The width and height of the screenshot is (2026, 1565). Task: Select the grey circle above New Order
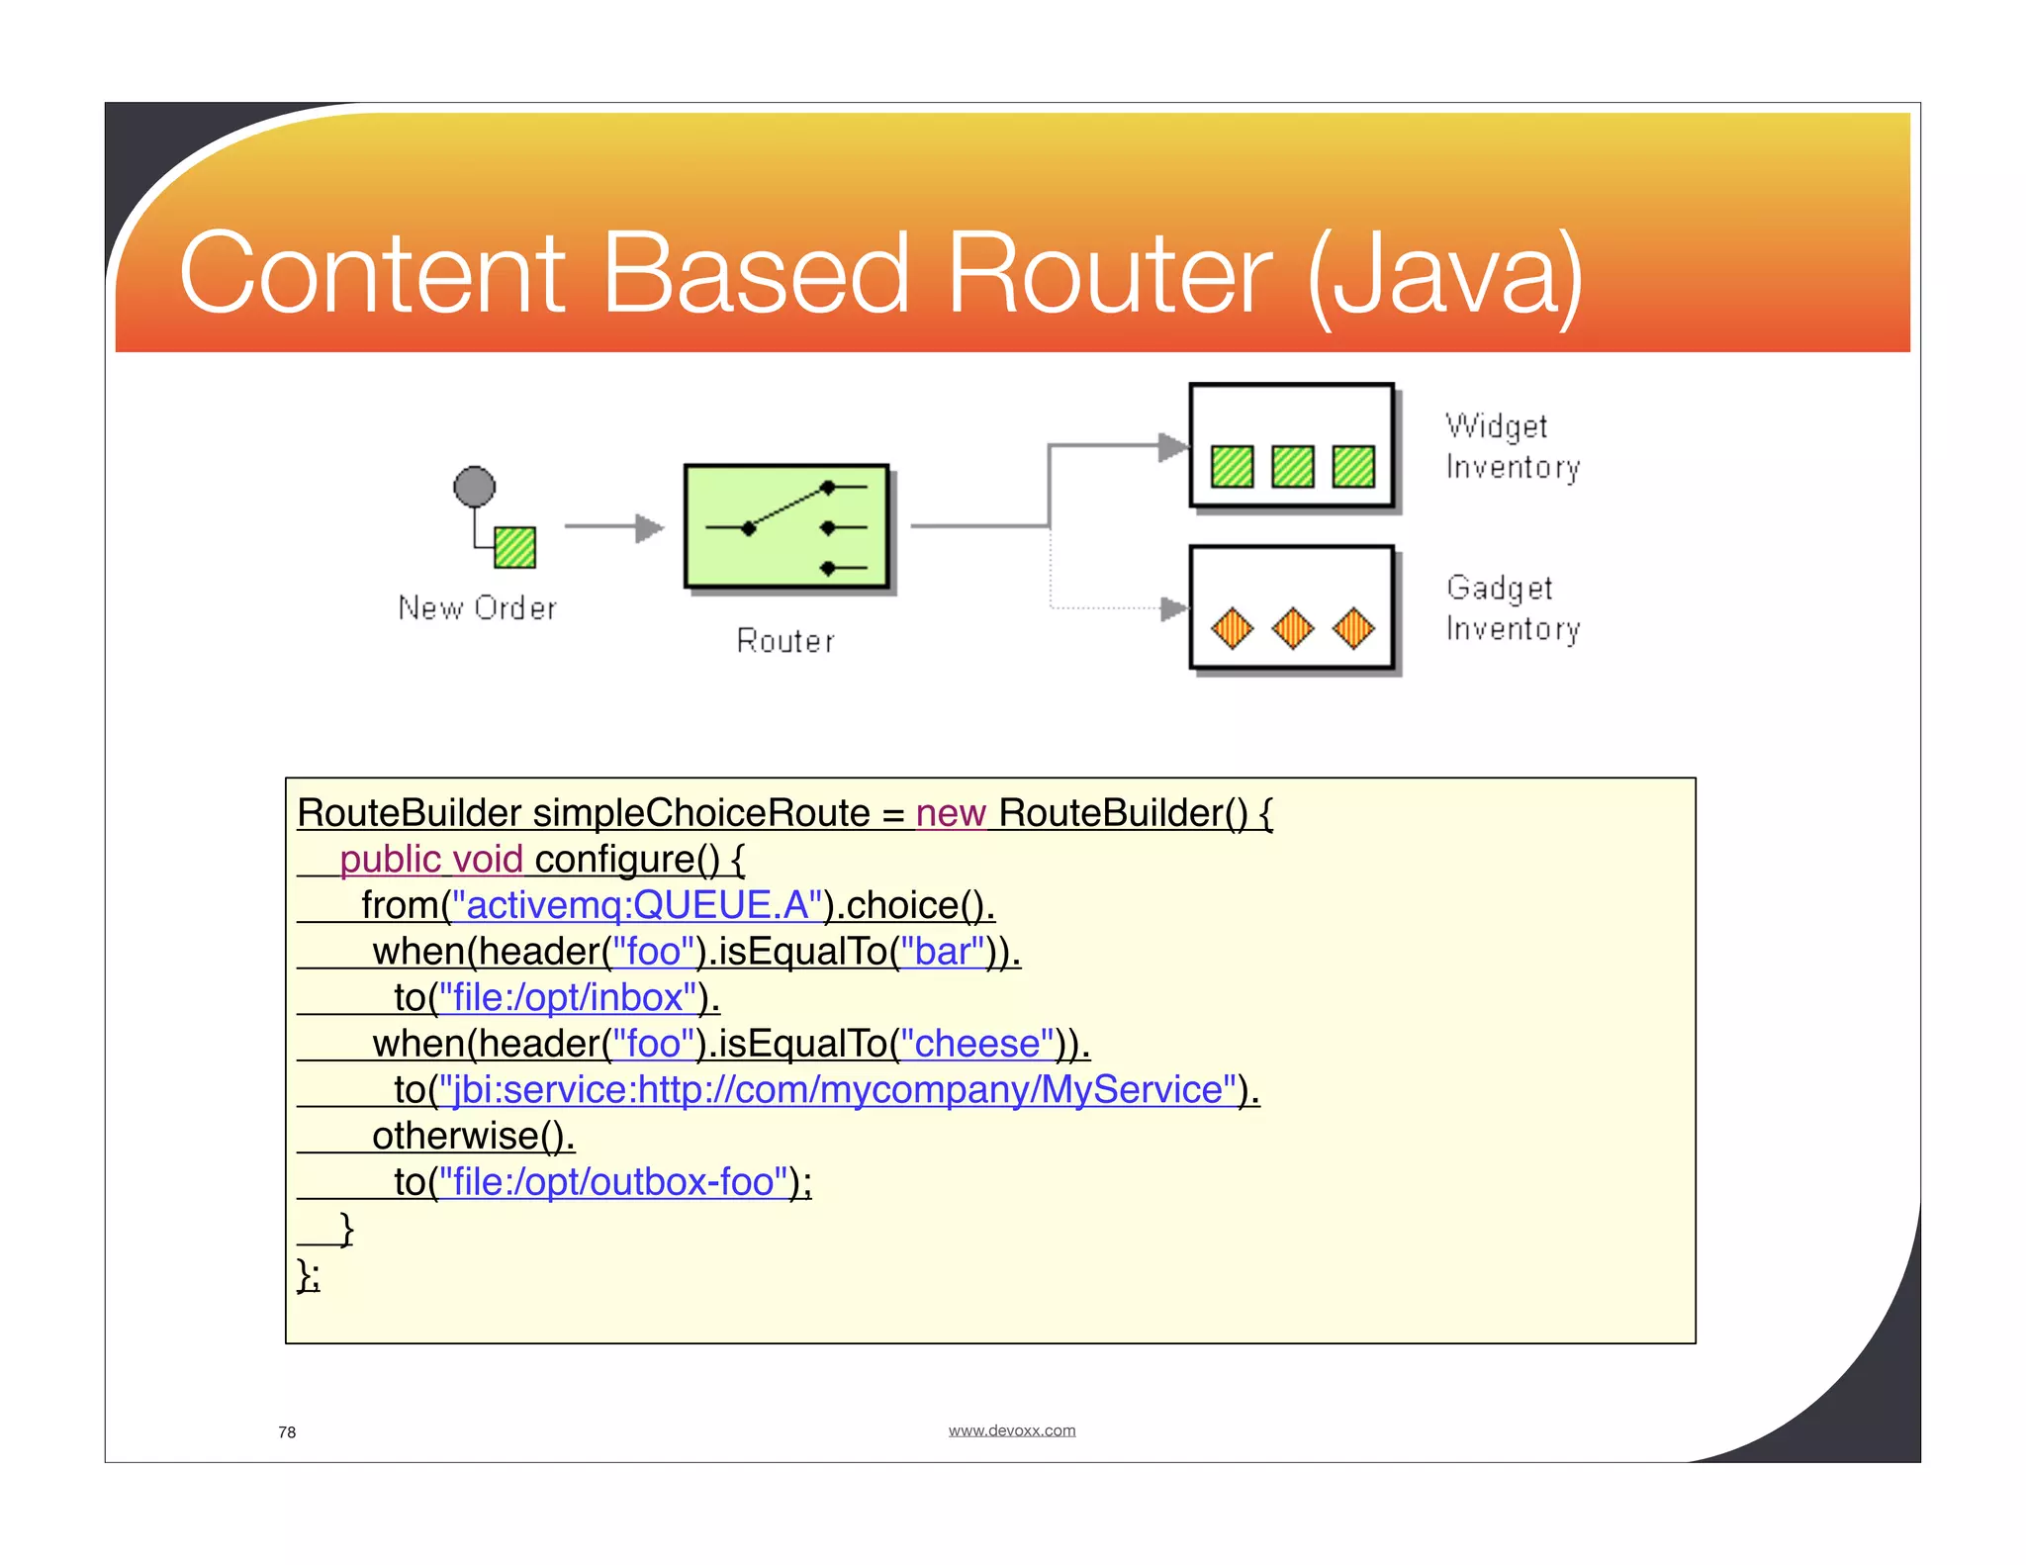(x=474, y=487)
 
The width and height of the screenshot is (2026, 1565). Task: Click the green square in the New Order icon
(x=514, y=547)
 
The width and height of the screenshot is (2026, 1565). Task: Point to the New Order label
(x=477, y=607)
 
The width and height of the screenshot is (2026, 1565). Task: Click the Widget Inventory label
(x=1512, y=446)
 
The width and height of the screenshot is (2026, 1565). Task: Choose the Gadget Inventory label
(x=1512, y=608)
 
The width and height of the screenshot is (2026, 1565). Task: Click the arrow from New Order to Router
(x=613, y=527)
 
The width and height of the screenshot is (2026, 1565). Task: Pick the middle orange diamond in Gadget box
(x=1293, y=628)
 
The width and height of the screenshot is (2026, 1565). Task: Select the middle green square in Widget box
(x=1293, y=466)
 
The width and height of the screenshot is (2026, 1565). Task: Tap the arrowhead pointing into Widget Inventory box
(x=1173, y=446)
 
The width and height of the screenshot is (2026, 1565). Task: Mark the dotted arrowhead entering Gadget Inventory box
(x=1173, y=608)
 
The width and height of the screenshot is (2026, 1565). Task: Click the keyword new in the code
(x=951, y=813)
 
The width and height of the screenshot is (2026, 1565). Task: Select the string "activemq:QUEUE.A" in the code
(x=637, y=905)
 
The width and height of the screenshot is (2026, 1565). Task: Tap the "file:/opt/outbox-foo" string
(x=613, y=1182)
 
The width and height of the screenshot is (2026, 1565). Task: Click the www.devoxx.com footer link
(x=1011, y=1430)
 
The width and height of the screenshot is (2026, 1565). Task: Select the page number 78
(x=287, y=1432)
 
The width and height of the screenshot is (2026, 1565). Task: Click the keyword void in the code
(x=487, y=860)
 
